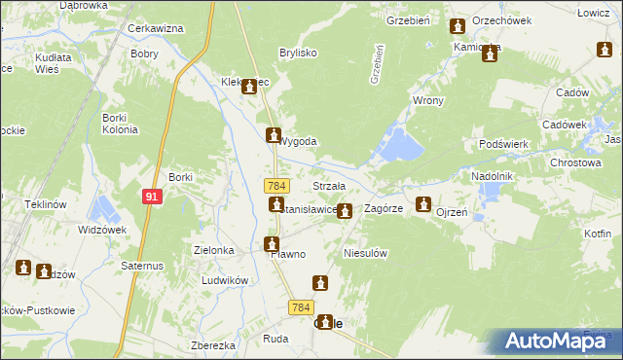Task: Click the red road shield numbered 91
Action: [151, 197]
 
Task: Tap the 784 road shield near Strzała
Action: [276, 185]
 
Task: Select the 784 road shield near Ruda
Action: [300, 307]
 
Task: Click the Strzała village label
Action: [329, 186]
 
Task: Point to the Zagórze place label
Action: [383, 208]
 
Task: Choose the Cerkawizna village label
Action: [156, 28]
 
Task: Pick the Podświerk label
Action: [503, 143]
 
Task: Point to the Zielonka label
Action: [213, 250]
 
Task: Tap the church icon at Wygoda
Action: [275, 135]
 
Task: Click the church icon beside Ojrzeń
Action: [423, 204]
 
